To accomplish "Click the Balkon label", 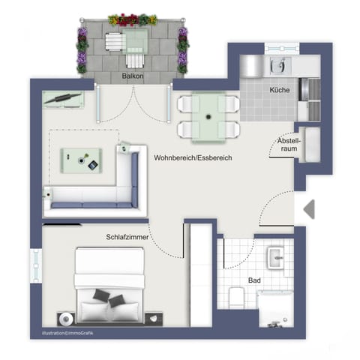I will pyautogui.click(x=132, y=76).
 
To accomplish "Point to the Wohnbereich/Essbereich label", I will pyautogui.click(x=193, y=159).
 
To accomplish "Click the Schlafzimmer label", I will pyautogui.click(x=127, y=237).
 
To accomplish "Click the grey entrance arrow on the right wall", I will pyautogui.click(x=308, y=209).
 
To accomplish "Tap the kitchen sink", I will pyautogui.click(x=279, y=66).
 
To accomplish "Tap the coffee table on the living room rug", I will pyautogui.click(x=82, y=158).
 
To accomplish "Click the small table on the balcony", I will pyautogui.click(x=136, y=41).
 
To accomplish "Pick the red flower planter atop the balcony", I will pyautogui.click(x=133, y=20).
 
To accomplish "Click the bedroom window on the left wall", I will pyautogui.click(x=35, y=264).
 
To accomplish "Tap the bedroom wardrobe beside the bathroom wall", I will pyautogui.click(x=200, y=277).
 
